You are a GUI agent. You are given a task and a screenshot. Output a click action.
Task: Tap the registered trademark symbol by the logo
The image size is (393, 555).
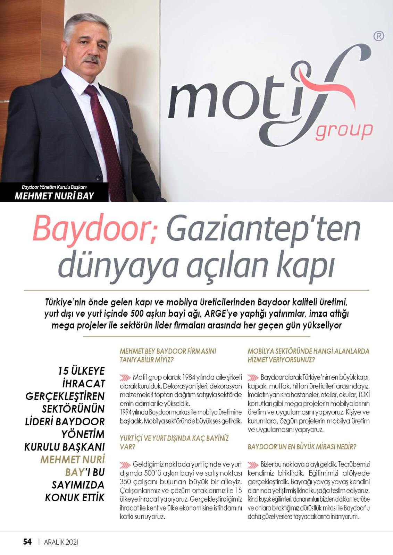coord(378,36)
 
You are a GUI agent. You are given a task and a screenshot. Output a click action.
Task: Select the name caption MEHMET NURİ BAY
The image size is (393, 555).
coord(54,196)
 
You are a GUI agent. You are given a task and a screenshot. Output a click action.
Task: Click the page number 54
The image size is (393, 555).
coord(27,541)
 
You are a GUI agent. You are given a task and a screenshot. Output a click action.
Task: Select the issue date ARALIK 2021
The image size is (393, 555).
coord(61,542)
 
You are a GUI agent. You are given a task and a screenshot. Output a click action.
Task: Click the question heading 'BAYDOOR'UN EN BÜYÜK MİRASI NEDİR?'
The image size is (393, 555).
coord(302,447)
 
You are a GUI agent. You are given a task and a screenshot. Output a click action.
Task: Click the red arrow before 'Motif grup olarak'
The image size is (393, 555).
coord(125,377)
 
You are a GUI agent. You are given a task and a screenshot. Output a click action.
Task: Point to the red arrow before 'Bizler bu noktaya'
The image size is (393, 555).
coord(253,464)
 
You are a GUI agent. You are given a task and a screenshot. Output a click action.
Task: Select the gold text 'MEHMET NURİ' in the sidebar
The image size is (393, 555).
coord(73,460)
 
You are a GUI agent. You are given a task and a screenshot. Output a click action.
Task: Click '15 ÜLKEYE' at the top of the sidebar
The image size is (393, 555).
coord(81,371)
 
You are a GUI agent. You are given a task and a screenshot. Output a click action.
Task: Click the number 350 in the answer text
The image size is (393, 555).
coord(126,482)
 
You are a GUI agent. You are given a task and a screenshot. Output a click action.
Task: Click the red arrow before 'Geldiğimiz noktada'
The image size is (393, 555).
coord(125,464)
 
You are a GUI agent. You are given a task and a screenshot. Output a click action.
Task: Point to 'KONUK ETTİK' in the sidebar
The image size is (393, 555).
coord(75,498)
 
